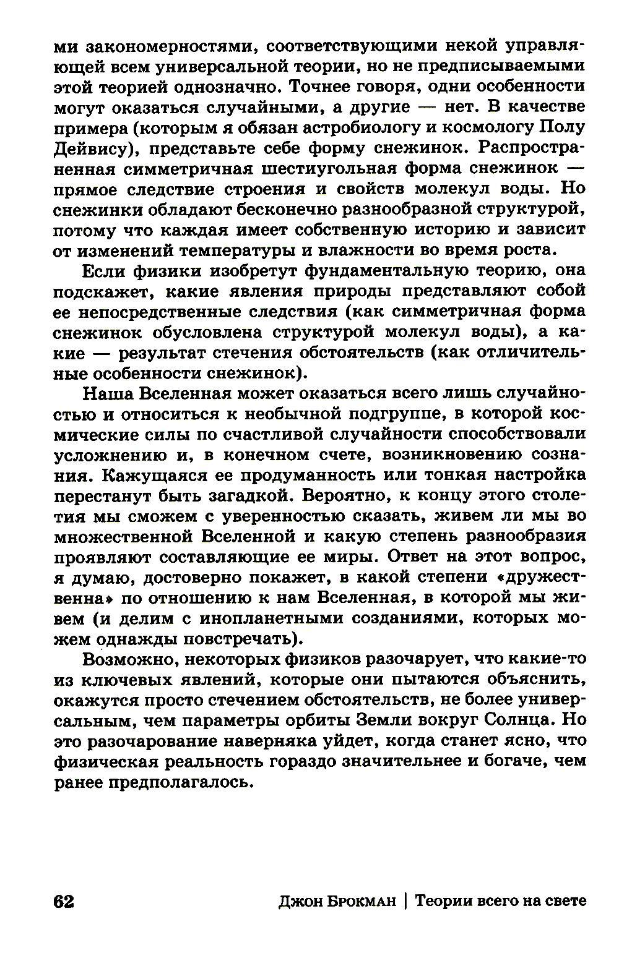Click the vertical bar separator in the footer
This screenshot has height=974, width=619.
click(x=405, y=902)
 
